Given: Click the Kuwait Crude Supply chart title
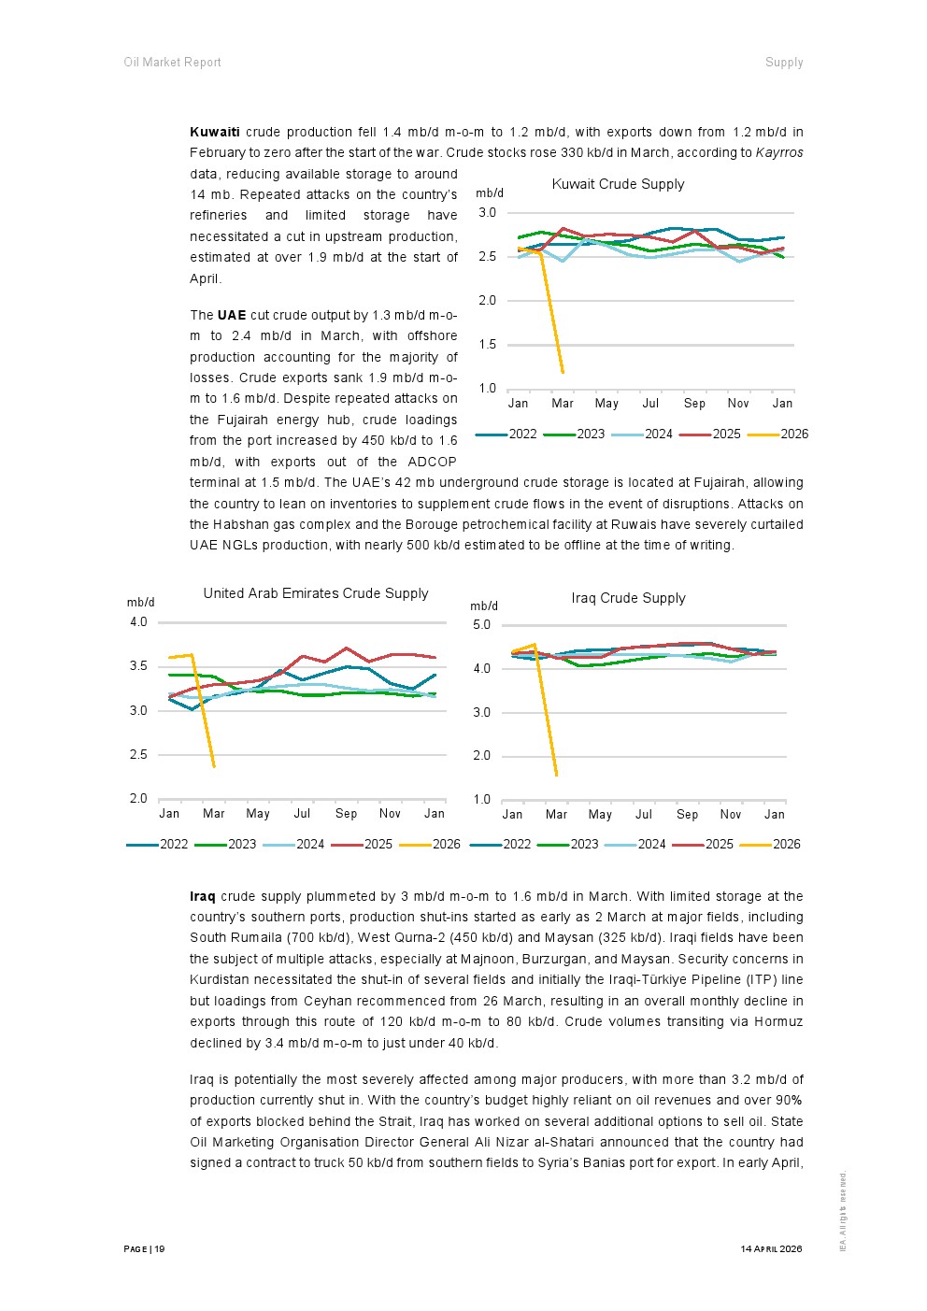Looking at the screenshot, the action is pyautogui.click(x=618, y=184).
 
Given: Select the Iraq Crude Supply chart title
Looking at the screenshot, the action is pyautogui.click(x=628, y=598).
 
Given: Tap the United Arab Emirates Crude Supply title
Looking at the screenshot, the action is pyautogui.click(x=316, y=593).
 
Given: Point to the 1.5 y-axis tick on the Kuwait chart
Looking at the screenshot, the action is pyautogui.click(x=487, y=344).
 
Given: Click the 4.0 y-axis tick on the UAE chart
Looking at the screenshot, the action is pyautogui.click(x=138, y=622).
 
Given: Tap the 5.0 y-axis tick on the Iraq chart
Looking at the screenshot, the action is pyautogui.click(x=481, y=625).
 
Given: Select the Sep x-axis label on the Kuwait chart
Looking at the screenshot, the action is pyautogui.click(x=694, y=404).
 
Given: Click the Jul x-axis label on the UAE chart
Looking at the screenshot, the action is pyautogui.click(x=302, y=814).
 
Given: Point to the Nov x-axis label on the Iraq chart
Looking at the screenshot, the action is pyautogui.click(x=731, y=814).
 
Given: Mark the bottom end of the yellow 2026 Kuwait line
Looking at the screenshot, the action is pyautogui.click(x=563, y=372).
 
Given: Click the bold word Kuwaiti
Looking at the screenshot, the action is pyautogui.click(x=214, y=133).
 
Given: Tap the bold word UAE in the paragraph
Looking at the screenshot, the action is pyautogui.click(x=232, y=316).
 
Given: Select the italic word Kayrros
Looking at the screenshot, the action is pyautogui.click(x=779, y=153).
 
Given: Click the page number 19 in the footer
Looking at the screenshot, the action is pyautogui.click(x=160, y=1249).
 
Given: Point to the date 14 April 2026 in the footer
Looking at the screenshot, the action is pyautogui.click(x=771, y=1249).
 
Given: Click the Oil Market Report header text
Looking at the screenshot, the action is pyautogui.click(x=172, y=63).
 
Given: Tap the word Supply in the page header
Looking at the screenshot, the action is pyautogui.click(x=784, y=63).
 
